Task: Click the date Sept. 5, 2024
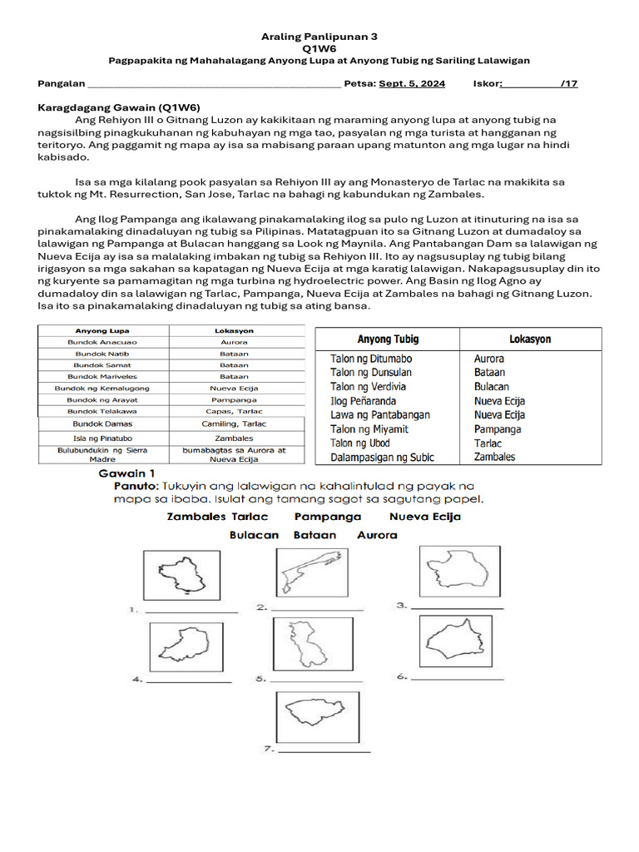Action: pyautogui.click(x=412, y=84)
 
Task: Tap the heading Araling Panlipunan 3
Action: pyautogui.click(x=319, y=37)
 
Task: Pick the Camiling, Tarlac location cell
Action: pyautogui.click(x=234, y=424)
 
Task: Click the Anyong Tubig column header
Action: pyautogui.click(x=388, y=339)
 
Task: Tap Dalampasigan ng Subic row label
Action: pyautogui.click(x=382, y=458)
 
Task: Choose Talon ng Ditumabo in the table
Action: pyautogui.click(x=371, y=359)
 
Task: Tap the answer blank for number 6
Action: pyautogui.click(x=457, y=679)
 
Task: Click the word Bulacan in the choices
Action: pyautogui.click(x=254, y=535)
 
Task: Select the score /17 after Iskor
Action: pyautogui.click(x=569, y=84)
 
